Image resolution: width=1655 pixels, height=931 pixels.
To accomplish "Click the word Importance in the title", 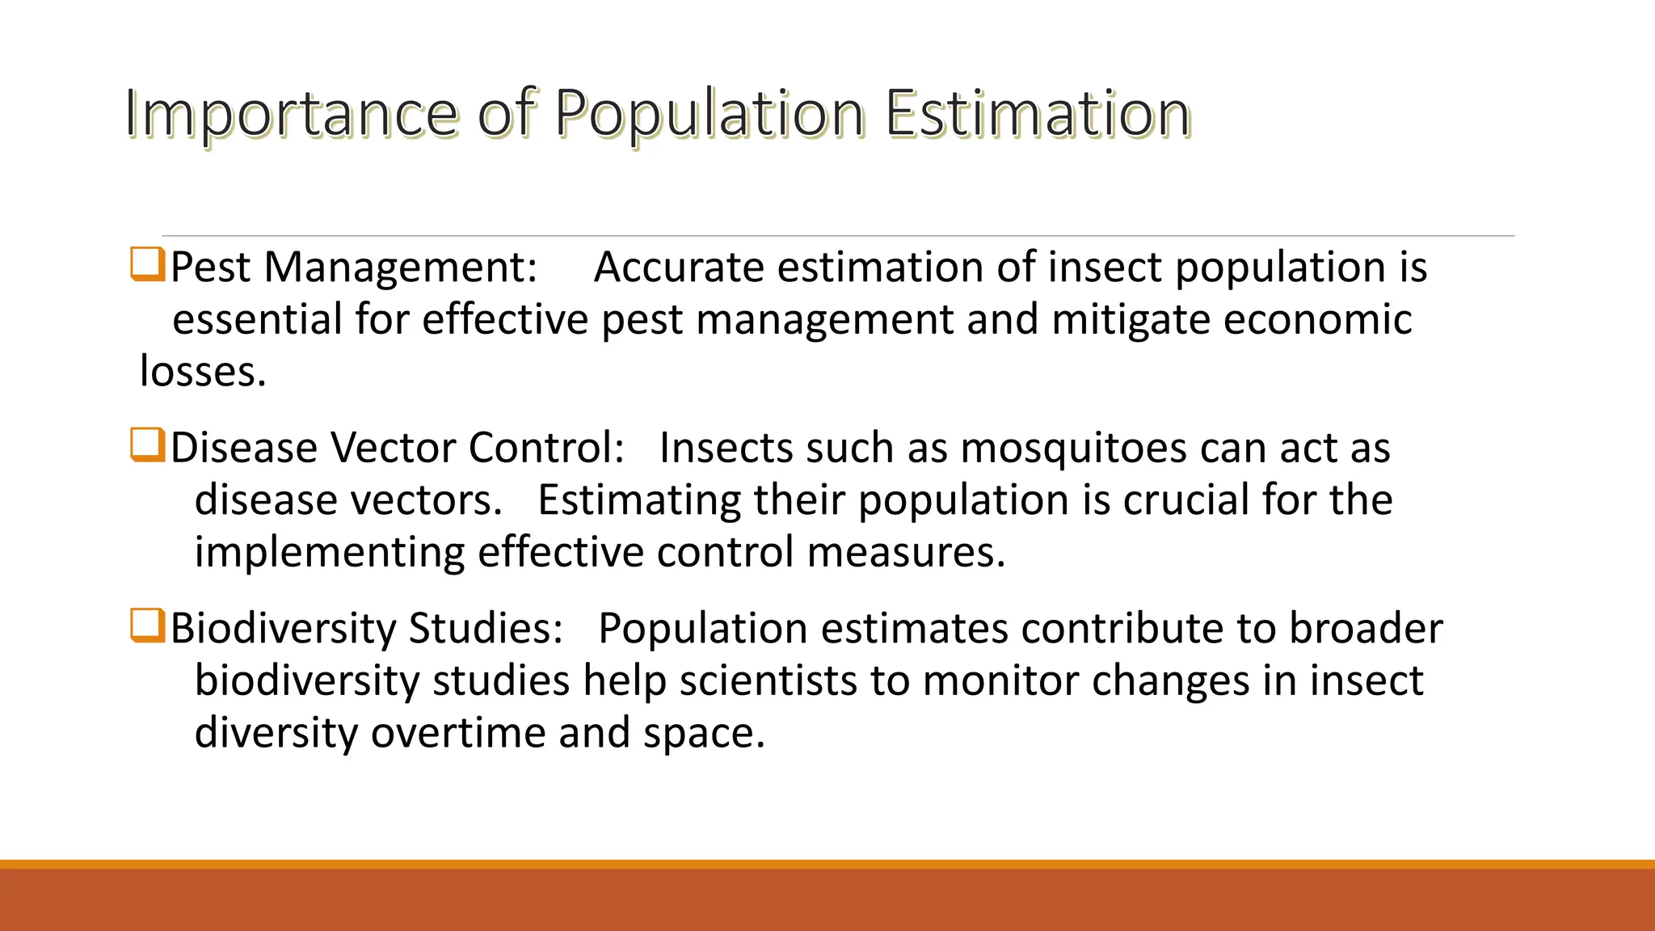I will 291,114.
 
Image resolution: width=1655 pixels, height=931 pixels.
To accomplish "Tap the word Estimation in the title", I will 1037,114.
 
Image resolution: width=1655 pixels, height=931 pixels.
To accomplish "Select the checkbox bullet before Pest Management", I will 147,265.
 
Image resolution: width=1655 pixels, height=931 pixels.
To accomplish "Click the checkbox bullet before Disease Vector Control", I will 147,445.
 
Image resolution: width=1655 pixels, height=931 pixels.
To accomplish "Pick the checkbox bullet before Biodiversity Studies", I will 147,626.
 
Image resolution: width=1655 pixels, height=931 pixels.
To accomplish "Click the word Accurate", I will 678,268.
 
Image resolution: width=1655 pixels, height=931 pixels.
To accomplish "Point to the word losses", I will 202,372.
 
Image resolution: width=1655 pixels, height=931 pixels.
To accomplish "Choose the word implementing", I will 329,553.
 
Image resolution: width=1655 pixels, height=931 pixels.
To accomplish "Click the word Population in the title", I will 709,114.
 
